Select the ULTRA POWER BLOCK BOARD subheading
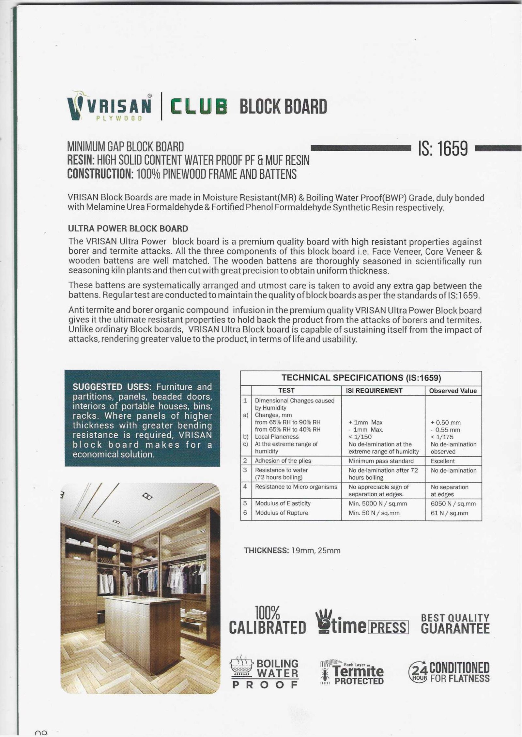128,228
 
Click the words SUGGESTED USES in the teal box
111,387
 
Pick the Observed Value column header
453,391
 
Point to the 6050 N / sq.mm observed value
453,504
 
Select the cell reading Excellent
443,461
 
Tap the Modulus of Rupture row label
281,513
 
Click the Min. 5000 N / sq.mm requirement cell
378,504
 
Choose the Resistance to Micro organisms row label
296,487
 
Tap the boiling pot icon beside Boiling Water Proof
242,668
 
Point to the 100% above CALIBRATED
268,613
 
